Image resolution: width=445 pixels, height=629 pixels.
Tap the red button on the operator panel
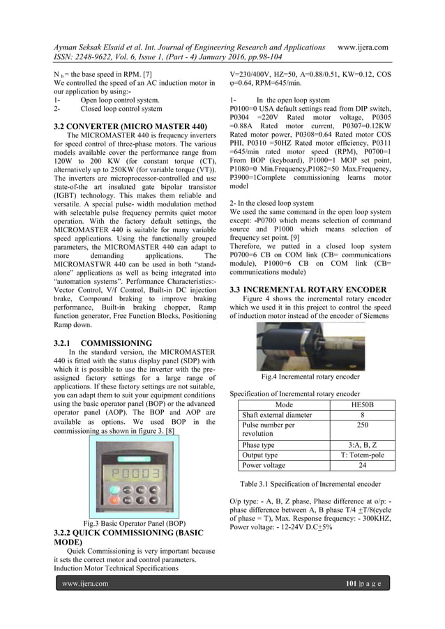[x=114, y=500]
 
